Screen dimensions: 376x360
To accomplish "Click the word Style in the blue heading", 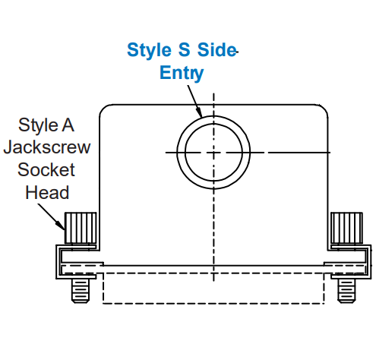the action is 149,50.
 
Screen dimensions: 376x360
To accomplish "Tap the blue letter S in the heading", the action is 184,49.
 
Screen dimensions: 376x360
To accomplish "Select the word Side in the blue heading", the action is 216,49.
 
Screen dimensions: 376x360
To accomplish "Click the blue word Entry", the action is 182,74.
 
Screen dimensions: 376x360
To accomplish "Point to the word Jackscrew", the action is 47,147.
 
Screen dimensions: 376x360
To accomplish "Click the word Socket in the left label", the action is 46,169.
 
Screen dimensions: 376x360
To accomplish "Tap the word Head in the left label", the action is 47,192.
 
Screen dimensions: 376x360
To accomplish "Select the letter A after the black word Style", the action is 68,125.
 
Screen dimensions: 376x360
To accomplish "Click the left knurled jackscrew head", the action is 81,228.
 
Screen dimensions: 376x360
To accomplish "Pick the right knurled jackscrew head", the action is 346,228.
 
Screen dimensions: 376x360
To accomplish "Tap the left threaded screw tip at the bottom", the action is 81,291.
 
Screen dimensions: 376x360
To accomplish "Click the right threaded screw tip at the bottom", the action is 346,291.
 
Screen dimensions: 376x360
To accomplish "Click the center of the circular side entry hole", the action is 213,153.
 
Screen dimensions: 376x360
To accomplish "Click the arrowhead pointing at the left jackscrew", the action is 61,226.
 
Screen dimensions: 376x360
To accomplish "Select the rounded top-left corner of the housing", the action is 103,108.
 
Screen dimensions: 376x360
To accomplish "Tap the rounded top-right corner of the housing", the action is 324,108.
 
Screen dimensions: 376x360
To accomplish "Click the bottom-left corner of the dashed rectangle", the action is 103,303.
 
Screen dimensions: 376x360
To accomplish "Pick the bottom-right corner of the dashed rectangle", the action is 324,303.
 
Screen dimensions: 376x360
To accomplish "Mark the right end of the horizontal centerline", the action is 330,153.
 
